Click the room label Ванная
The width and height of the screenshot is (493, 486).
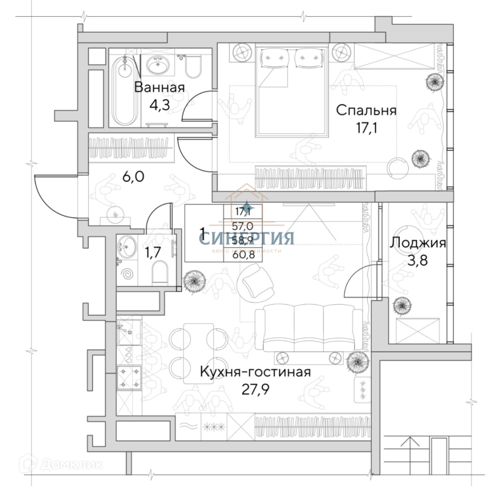[159, 87]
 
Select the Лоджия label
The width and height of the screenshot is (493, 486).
[418, 243]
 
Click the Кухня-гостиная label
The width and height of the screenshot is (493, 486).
[255, 373]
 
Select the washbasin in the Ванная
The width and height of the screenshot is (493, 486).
[158, 64]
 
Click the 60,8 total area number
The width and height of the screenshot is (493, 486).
[243, 255]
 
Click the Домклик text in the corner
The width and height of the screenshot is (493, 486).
[71, 463]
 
